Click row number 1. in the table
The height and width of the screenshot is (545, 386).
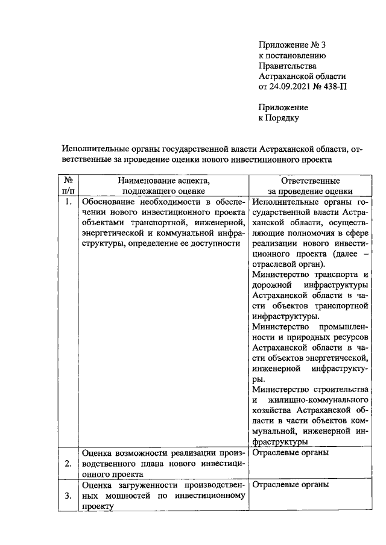coord(68,202)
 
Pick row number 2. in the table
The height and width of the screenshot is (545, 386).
coord(68,463)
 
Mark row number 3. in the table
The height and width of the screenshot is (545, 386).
coord(68,496)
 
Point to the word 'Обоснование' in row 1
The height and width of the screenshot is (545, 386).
coord(109,202)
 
